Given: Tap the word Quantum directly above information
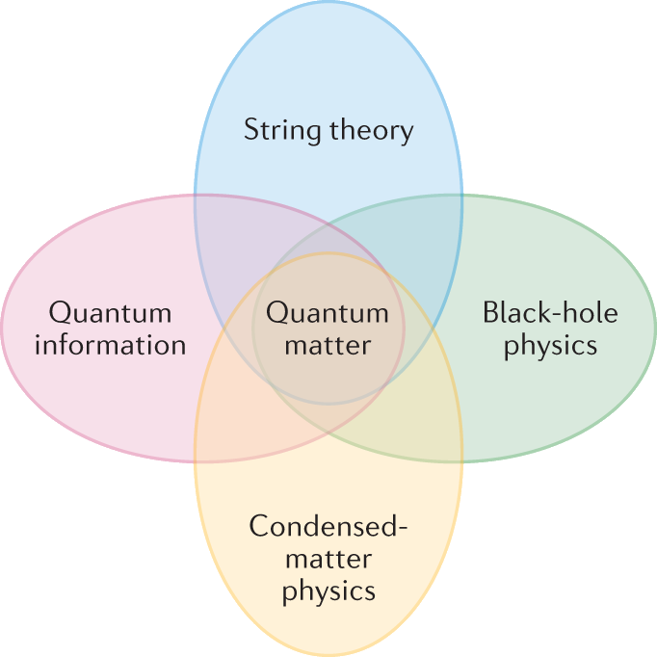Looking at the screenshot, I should tap(110, 313).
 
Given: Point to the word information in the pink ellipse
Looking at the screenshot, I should tap(110, 344).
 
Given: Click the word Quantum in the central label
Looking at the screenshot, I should tap(328, 313).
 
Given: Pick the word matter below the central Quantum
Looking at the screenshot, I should tap(328, 344).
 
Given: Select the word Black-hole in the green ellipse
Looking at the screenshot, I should tap(550, 313).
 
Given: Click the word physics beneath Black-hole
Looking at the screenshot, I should tap(550, 345).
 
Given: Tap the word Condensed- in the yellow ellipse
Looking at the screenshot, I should tap(328, 527).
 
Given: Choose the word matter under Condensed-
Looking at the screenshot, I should tap(328, 558).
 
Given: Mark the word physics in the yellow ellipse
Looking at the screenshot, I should tap(328, 590).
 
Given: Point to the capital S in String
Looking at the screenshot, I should tap(251, 130).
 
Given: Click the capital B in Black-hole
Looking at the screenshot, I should tap(489, 313).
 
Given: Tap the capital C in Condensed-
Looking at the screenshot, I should tap(256, 527).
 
